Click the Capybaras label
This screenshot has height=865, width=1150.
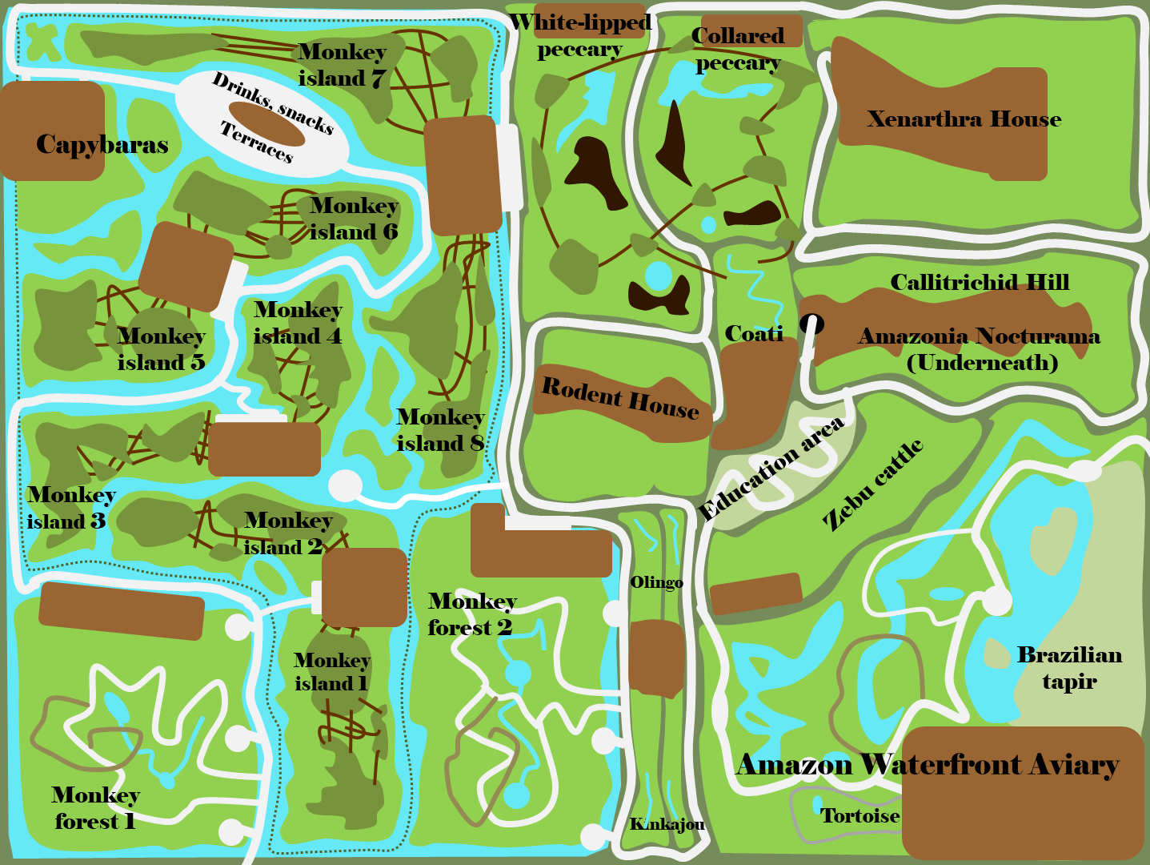tap(102, 145)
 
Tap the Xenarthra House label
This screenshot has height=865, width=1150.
tap(964, 119)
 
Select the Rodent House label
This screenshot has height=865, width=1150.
tap(620, 398)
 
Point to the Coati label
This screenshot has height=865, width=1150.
tap(753, 333)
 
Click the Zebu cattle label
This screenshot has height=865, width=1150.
tap(873, 485)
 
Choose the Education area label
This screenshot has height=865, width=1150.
tap(771, 469)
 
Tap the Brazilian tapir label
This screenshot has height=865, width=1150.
tap(1069, 668)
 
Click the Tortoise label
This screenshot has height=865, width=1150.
tap(859, 816)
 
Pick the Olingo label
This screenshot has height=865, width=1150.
tap(656, 582)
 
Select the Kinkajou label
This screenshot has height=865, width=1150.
tap(667, 824)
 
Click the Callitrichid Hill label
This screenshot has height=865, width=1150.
tap(980, 282)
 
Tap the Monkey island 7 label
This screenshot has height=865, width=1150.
tap(343, 65)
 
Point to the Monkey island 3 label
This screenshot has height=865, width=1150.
tap(70, 508)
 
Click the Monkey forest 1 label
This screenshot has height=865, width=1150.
tap(95, 808)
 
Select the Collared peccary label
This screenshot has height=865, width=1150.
tap(737, 49)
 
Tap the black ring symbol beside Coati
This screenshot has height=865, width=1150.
tap(812, 324)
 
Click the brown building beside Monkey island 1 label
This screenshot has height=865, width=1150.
tap(364, 587)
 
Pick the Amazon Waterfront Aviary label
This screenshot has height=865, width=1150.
tap(927, 765)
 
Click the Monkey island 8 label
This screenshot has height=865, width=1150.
tap(440, 430)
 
